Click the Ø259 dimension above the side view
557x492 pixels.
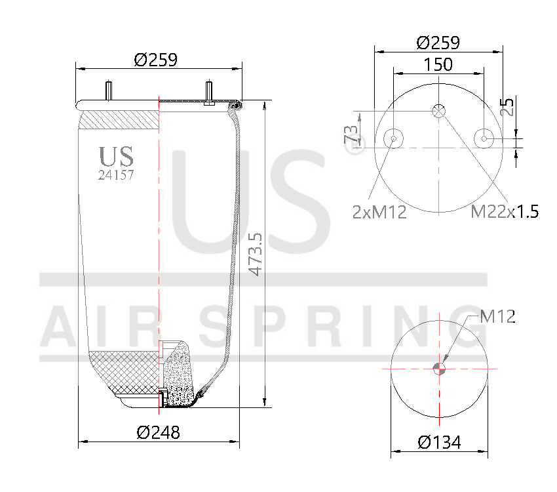(155, 60)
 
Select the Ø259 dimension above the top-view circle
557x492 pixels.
(438, 43)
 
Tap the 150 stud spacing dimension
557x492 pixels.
(438, 64)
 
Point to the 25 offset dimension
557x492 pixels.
(507, 107)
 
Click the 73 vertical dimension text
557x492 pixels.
(353, 136)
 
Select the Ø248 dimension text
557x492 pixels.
(158, 432)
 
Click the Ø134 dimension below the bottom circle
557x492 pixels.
(439, 443)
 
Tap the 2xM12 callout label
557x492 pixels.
(379, 212)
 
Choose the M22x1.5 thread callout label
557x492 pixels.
(505, 211)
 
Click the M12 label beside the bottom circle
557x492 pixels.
(497, 317)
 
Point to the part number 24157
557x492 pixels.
(116, 174)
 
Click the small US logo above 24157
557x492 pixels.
(116, 157)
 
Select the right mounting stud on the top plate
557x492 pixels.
(209, 92)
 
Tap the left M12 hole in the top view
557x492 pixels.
(393, 138)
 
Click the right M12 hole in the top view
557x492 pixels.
(484, 138)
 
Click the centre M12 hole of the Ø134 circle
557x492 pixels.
(439, 368)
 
